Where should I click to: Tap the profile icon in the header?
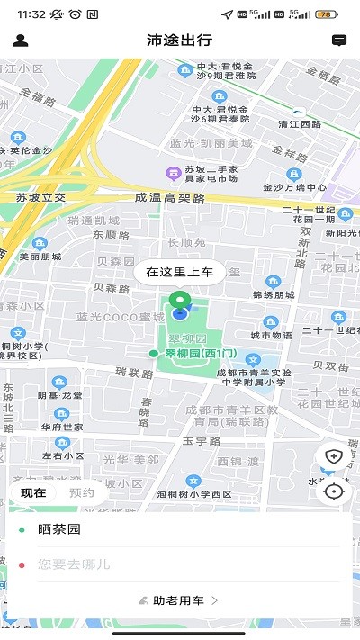click(21, 41)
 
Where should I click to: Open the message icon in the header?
click(339, 41)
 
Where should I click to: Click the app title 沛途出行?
click(180, 41)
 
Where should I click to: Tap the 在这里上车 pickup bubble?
click(180, 272)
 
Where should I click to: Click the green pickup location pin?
click(180, 303)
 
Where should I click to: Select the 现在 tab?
click(34, 492)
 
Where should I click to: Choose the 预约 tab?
click(82, 492)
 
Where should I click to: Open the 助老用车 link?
click(180, 599)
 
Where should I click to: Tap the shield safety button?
click(334, 456)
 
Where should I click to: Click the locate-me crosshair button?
click(334, 491)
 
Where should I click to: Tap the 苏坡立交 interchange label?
click(41, 196)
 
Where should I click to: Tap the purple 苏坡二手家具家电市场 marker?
click(172, 173)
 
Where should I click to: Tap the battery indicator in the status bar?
click(327, 14)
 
